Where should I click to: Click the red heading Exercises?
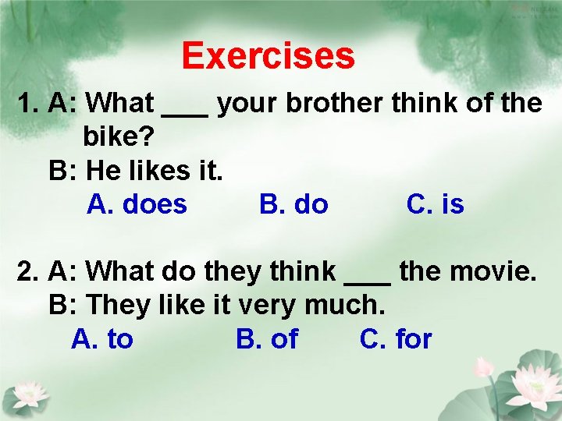[268, 56]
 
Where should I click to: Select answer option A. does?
[137, 204]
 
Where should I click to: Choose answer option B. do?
[293, 204]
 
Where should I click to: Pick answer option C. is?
[435, 204]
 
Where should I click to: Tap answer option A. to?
[102, 339]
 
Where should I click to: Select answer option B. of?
[267, 339]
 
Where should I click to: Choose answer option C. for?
[396, 339]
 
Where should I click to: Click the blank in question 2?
[367, 279]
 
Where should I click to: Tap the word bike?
[118, 136]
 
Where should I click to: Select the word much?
[349, 305]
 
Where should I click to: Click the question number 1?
[28, 102]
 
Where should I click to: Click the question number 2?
[28, 272]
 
